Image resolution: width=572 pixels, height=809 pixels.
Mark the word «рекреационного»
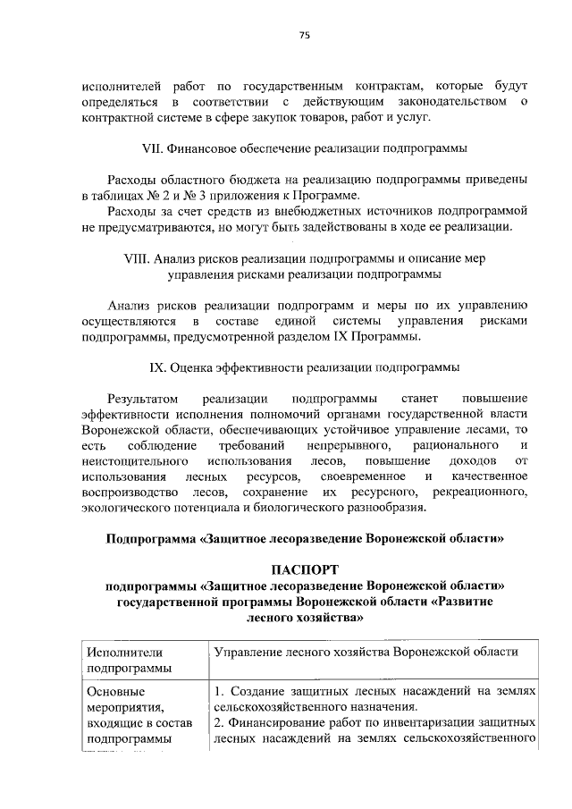(480, 493)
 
